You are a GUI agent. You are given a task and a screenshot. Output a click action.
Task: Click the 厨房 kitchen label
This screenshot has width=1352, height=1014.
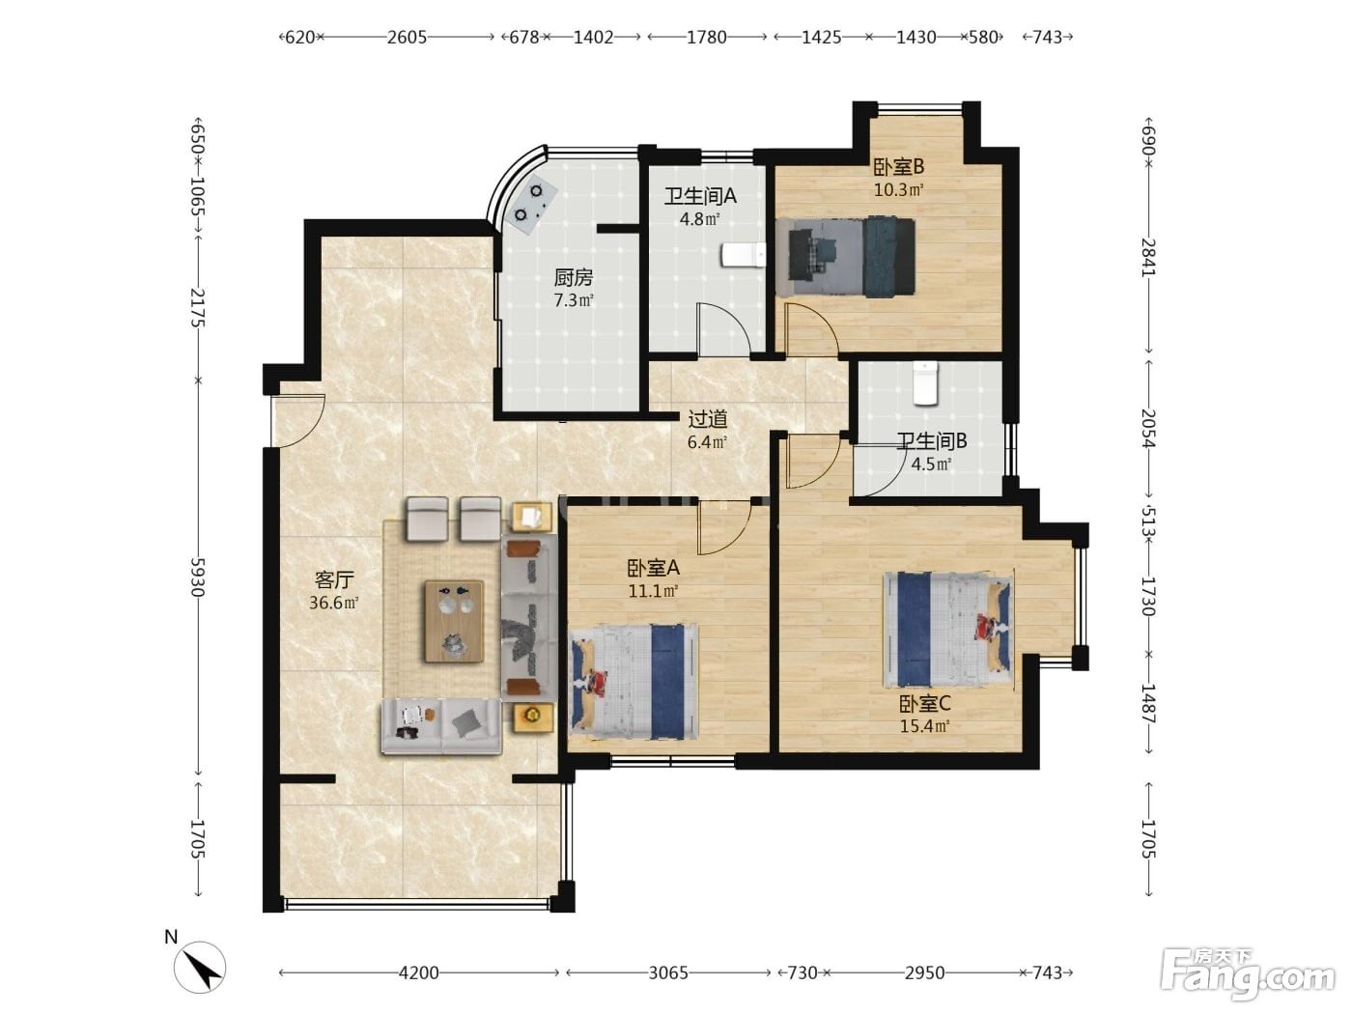[573, 278]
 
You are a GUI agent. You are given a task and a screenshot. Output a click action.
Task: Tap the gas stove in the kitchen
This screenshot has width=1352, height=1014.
[533, 202]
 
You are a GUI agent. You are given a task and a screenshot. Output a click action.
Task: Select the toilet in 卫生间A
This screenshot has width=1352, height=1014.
[744, 256]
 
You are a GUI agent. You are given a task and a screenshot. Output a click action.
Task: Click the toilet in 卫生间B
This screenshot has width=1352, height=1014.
[924, 382]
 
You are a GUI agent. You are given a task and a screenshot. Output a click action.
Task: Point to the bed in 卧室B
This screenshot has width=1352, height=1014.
[845, 257]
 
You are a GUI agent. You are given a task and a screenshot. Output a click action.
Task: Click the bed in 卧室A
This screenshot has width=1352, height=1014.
[634, 681]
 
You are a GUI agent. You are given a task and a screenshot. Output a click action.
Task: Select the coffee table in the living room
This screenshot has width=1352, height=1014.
[454, 621]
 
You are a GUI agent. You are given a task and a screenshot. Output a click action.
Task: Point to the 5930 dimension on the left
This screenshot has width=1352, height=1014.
[197, 577]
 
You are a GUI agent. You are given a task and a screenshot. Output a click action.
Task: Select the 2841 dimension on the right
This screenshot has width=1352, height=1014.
[1148, 257]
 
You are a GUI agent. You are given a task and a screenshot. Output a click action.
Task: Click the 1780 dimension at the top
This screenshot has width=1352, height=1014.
[707, 38]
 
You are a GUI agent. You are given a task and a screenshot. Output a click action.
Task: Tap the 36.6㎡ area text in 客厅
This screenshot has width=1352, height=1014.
[333, 603]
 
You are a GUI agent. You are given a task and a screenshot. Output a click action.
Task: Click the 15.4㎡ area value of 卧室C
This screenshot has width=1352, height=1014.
[924, 726]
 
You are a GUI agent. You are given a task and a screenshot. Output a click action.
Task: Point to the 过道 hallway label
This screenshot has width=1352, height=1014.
[707, 419]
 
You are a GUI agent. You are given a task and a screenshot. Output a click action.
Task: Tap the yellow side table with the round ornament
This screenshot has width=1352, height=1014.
[532, 718]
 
